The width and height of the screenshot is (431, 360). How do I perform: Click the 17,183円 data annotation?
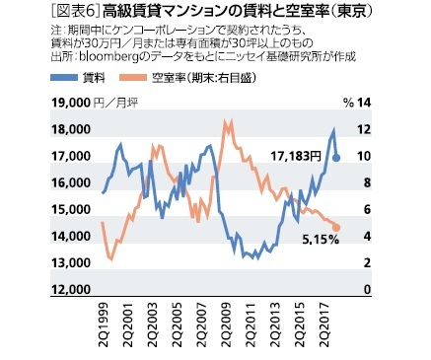pos(292,156)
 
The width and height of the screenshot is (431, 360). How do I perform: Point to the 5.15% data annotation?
pos(320,240)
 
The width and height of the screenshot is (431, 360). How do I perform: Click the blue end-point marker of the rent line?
pos(338,157)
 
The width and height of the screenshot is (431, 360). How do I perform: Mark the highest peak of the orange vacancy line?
pos(227,122)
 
